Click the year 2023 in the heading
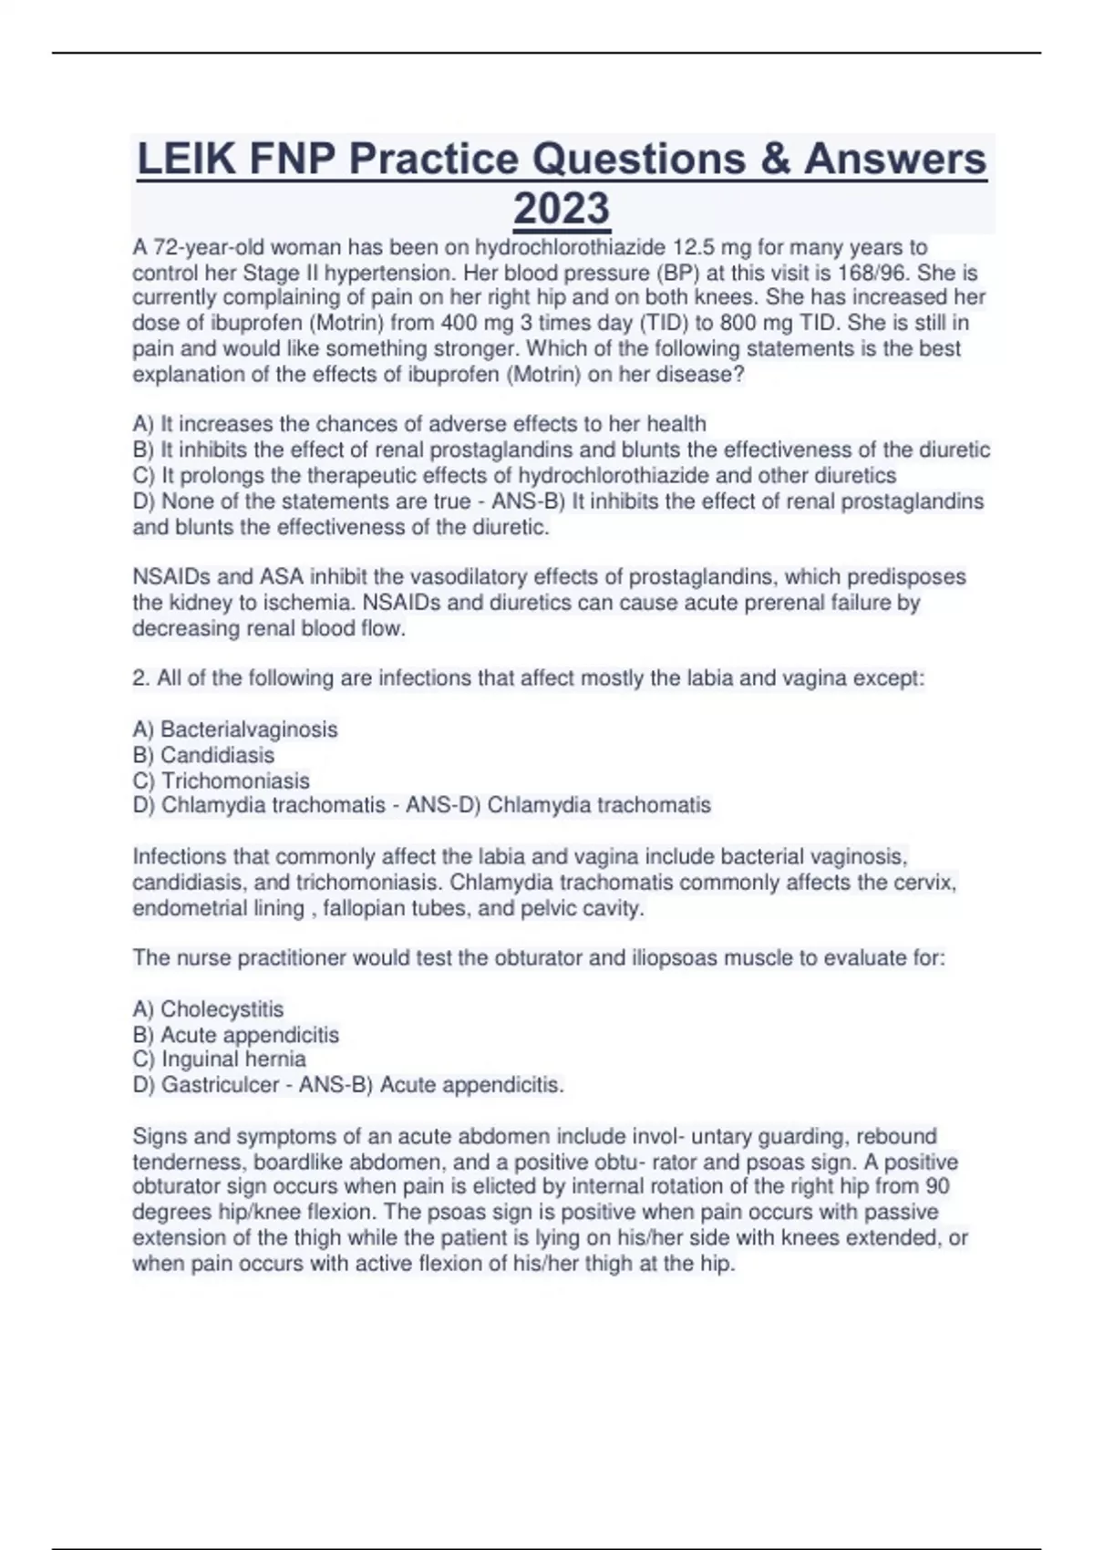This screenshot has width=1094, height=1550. tap(562, 209)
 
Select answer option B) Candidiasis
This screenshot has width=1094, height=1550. tap(203, 755)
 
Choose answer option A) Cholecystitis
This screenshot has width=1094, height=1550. tap(208, 1009)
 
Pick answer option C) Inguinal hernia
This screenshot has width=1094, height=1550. tap(219, 1059)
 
